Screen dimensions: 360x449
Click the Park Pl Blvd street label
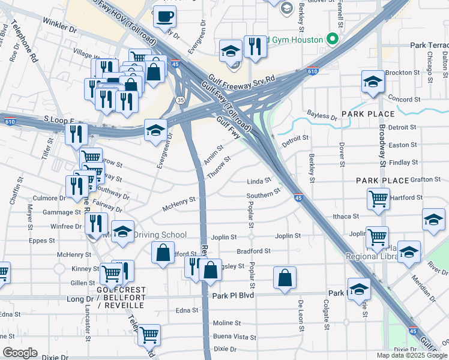tap(234, 295)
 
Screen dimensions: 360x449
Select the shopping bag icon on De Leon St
tap(285, 278)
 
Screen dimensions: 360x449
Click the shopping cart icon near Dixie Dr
tap(149, 335)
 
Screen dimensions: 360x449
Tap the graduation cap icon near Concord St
tap(373, 83)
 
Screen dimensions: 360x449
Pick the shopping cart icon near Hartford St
tap(378, 199)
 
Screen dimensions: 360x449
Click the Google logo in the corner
tap(20, 353)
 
